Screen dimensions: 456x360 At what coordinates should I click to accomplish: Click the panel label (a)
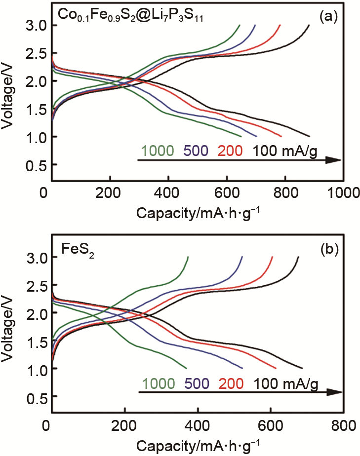(x=328, y=17)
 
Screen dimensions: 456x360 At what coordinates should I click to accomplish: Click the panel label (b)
(x=328, y=250)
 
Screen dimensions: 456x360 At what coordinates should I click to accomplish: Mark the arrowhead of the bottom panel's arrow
(x=335, y=392)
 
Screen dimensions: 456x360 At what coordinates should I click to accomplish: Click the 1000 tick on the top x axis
(x=343, y=192)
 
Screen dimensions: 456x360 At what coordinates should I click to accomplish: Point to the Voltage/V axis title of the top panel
(x=8, y=95)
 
